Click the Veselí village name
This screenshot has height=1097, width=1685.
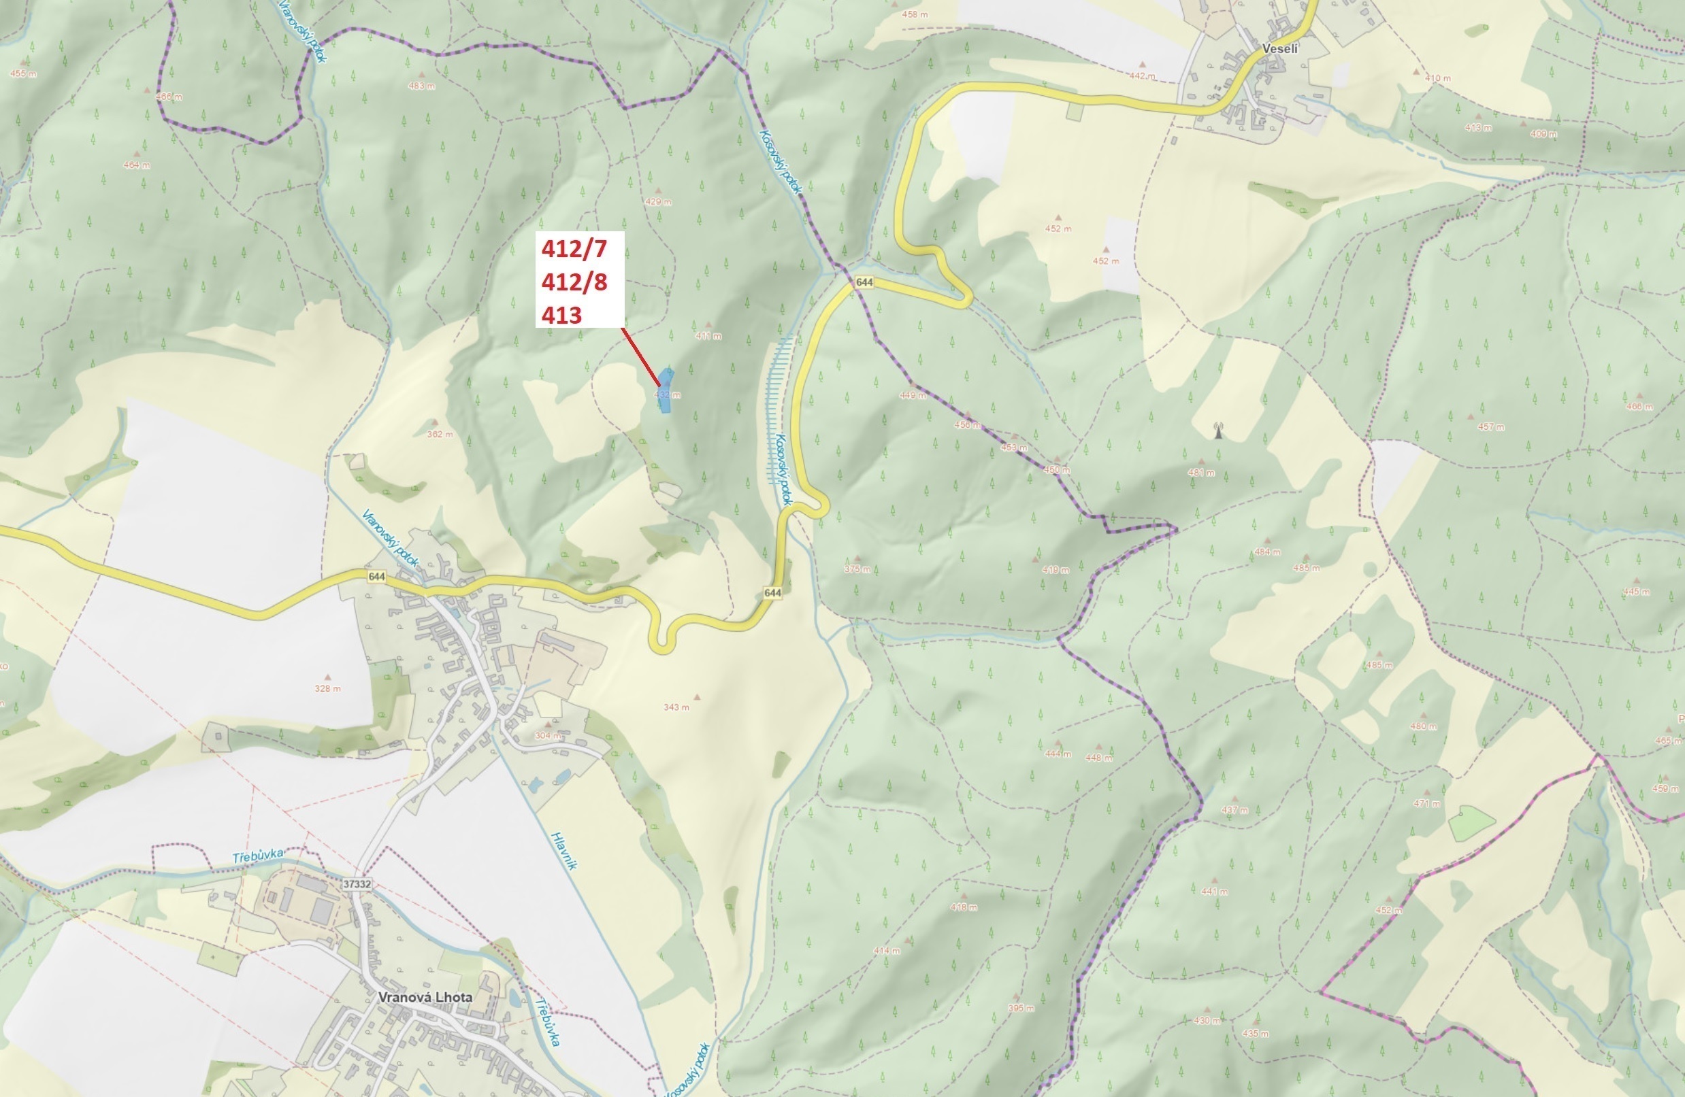(1280, 49)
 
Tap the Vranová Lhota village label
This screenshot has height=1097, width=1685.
(425, 996)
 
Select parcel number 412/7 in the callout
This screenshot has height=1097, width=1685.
(574, 248)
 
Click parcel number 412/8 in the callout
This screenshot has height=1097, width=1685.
(574, 282)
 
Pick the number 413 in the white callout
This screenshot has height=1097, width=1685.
(561, 315)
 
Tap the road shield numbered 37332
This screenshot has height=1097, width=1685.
(356, 884)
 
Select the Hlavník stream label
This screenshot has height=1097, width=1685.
(564, 850)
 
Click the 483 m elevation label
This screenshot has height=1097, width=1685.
(422, 86)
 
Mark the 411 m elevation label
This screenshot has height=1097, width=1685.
(708, 335)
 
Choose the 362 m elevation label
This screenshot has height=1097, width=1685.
(440, 434)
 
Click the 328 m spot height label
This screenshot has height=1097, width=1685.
(327, 688)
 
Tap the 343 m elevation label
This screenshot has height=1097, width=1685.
(676, 707)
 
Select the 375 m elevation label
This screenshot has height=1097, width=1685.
(857, 569)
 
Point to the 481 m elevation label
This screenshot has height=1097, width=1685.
(1201, 472)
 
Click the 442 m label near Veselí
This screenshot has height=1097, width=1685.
(1142, 75)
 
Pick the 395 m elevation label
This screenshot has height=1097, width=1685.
(1020, 1008)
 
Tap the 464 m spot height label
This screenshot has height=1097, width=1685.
(137, 165)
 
